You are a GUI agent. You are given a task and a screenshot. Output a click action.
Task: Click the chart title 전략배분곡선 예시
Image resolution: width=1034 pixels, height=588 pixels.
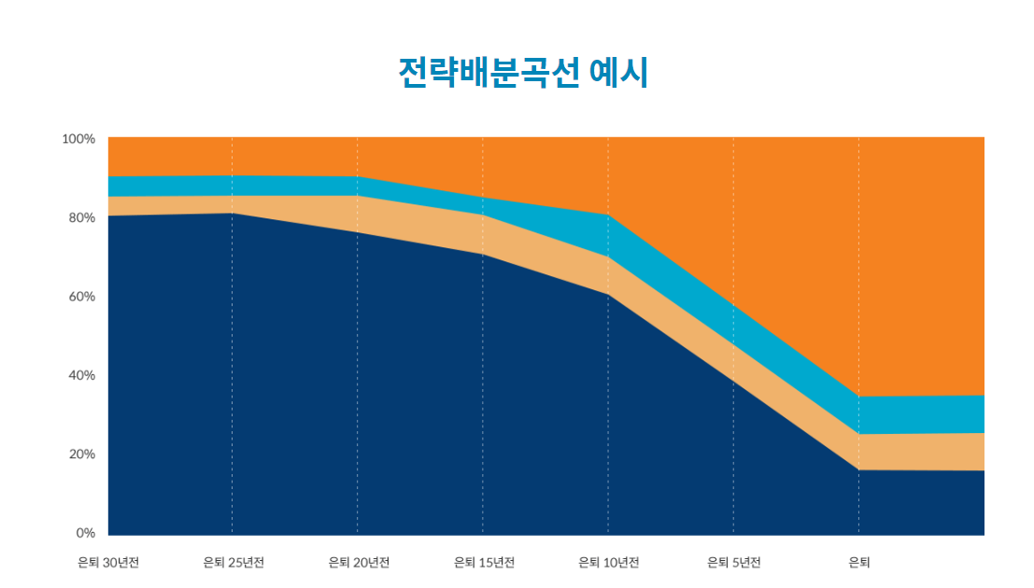(522, 72)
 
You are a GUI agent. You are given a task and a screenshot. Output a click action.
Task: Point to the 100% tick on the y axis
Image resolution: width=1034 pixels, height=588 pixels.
(78, 139)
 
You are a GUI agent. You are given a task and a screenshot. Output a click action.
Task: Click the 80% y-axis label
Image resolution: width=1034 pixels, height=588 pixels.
(78, 217)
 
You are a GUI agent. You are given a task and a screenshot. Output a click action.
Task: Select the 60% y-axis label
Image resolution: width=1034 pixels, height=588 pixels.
(78, 297)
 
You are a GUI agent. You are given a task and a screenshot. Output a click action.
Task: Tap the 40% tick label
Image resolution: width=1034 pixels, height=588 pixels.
(78, 375)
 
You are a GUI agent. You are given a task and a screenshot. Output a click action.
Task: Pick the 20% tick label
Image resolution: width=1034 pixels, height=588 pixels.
(78, 455)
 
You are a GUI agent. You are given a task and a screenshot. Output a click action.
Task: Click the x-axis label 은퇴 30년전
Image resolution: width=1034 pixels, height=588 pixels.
(108, 563)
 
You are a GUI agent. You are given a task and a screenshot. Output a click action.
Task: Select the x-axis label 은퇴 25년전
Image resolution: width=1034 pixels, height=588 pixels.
(234, 563)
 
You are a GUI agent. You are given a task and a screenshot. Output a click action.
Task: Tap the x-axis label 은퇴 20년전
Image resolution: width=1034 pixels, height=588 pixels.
(359, 563)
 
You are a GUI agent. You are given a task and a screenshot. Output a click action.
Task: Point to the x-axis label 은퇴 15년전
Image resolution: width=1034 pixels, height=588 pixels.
(484, 563)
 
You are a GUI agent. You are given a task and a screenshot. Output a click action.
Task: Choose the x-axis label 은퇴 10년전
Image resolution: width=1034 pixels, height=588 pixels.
(609, 563)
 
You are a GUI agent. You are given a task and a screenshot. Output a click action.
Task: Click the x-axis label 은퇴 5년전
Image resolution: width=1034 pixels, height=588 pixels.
(734, 563)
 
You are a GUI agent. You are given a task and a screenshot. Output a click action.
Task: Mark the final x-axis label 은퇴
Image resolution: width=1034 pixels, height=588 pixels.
(859, 563)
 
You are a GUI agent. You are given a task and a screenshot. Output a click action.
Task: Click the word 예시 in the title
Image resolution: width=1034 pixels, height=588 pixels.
(619, 72)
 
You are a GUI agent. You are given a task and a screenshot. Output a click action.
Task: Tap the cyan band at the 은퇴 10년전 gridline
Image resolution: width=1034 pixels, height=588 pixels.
(608, 236)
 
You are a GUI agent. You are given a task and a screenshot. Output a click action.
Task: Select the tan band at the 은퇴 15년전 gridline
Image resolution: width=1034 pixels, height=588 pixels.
(483, 234)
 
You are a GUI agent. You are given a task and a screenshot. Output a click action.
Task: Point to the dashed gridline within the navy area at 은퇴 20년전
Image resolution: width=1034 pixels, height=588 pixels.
(358, 392)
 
